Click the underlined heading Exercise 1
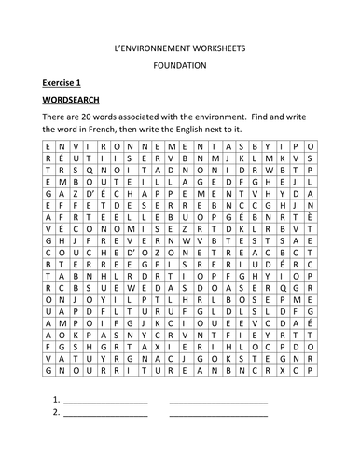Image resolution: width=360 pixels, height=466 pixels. click(63, 83)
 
